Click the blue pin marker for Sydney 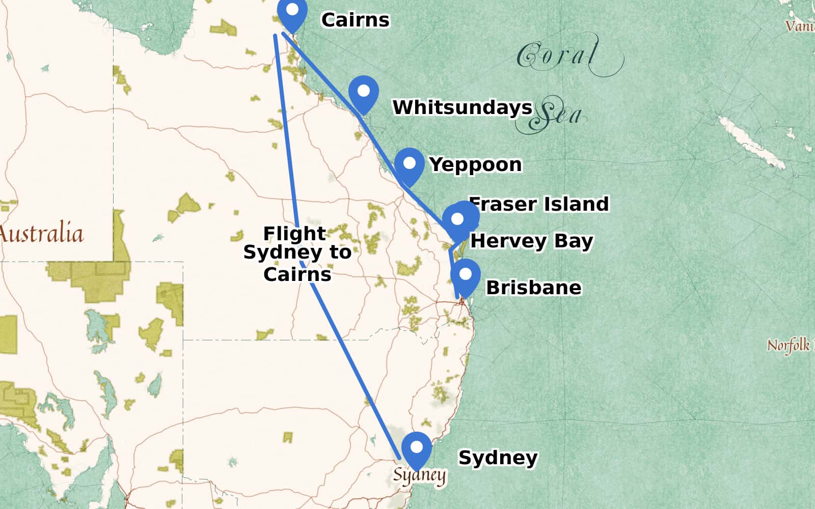[417, 449]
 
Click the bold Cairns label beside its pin [355, 20]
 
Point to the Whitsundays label [462, 107]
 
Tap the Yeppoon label [475, 164]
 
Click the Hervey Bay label [531, 240]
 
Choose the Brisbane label [533, 288]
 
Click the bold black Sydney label [498, 457]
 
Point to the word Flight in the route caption [294, 233]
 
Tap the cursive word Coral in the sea [558, 55]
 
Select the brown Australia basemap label [41, 234]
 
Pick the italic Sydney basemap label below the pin [419, 475]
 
